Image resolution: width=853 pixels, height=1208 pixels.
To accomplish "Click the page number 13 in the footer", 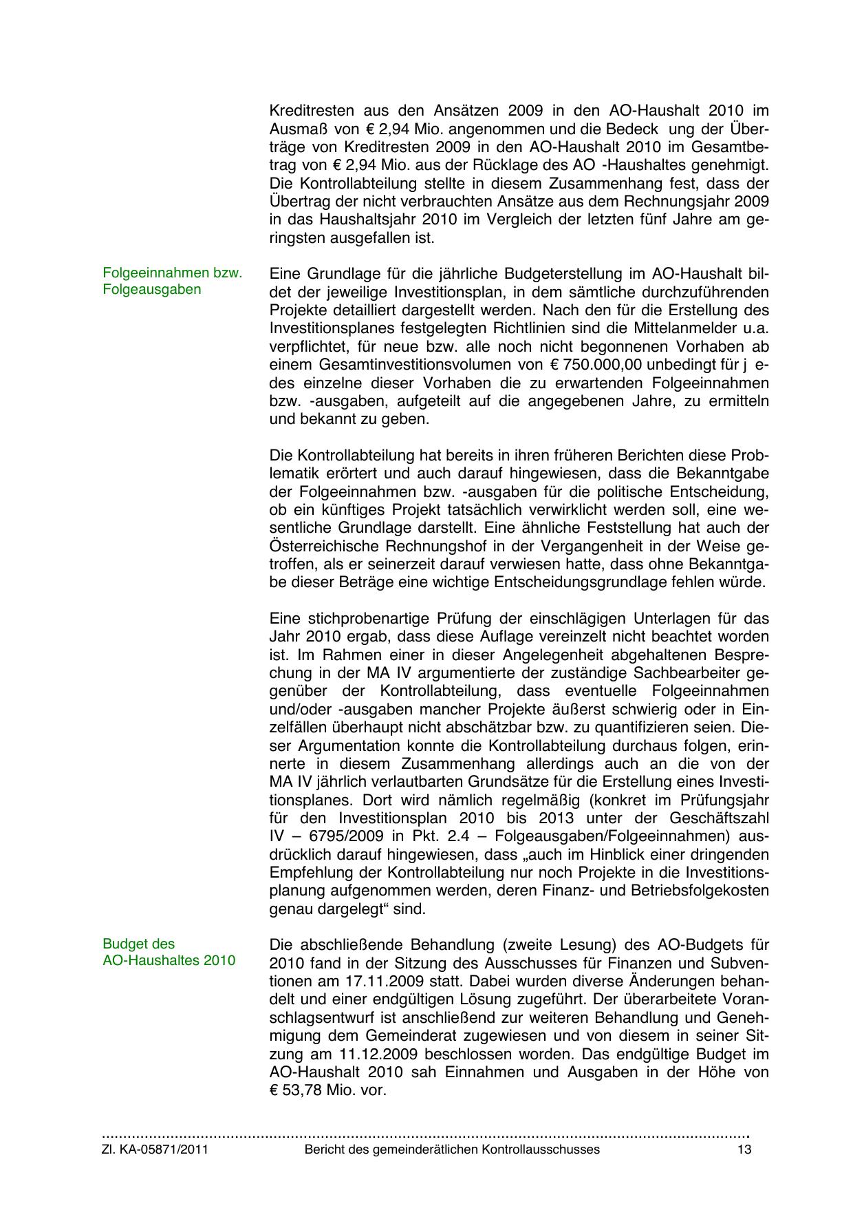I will click(x=744, y=1149).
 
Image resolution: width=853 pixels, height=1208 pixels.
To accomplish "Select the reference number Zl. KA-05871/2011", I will click(x=155, y=1149).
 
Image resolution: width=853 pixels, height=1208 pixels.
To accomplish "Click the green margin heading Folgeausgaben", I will click(x=152, y=289).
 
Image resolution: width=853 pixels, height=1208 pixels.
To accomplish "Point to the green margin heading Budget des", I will click(x=138, y=944).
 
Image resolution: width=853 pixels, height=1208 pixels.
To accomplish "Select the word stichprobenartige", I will click(x=358, y=617).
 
